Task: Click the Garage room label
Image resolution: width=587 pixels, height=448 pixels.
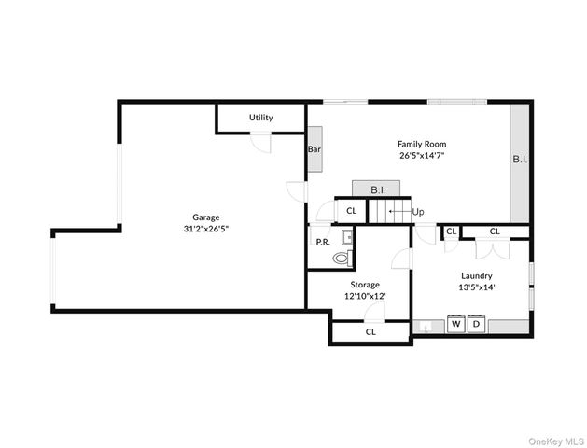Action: point(206,217)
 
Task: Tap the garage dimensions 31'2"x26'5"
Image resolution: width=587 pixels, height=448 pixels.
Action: point(206,229)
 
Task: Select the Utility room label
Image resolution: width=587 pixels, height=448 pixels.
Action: point(260,118)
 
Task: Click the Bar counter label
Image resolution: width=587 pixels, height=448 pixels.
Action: point(314,148)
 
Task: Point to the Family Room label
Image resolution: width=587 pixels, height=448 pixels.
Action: point(422,144)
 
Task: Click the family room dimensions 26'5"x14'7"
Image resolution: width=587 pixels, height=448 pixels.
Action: point(422,156)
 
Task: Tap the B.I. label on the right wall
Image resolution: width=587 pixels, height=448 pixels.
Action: point(520,160)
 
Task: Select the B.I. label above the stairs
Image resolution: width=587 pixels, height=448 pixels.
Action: point(378,189)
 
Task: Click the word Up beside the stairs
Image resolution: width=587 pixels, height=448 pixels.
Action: point(418,212)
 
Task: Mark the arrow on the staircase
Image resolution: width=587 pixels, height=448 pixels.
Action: point(398,213)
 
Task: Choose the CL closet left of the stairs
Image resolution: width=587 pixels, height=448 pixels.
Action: point(351,211)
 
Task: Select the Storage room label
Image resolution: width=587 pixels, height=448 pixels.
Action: point(365,284)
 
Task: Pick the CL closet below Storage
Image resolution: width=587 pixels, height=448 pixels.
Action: point(370,331)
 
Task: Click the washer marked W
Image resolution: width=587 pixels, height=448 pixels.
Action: point(456,326)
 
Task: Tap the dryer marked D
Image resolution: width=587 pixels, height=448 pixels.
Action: point(476,326)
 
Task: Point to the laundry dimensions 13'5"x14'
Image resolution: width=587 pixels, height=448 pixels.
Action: point(476,287)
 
